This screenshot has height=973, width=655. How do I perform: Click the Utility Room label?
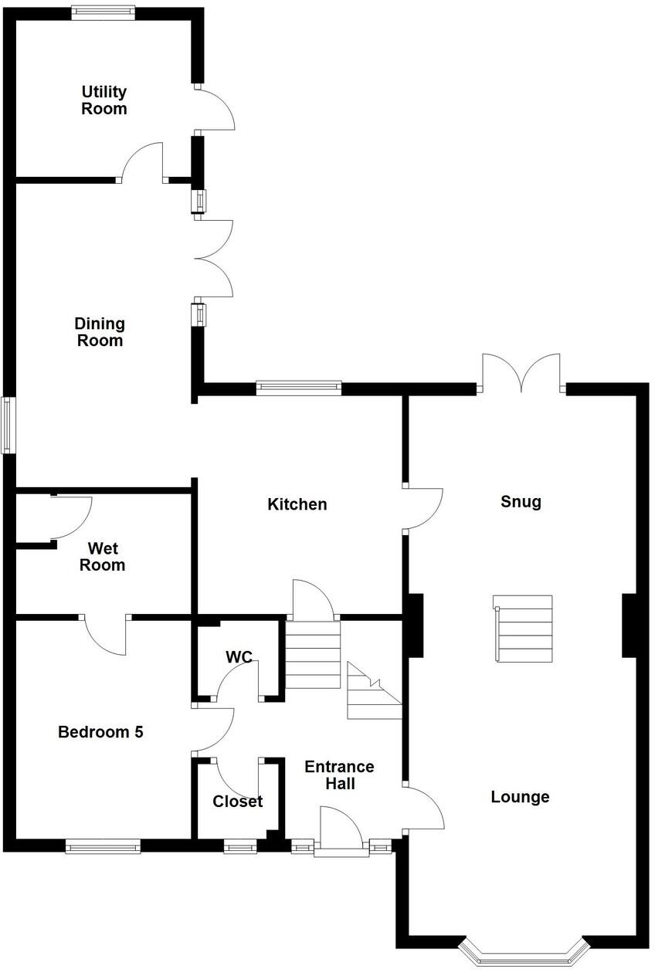pyautogui.click(x=104, y=100)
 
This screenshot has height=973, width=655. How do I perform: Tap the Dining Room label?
pyautogui.click(x=100, y=332)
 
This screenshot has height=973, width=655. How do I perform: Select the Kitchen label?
pyautogui.click(x=297, y=504)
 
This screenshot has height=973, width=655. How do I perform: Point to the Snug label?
pyautogui.click(x=521, y=502)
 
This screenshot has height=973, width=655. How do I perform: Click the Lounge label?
pyautogui.click(x=520, y=797)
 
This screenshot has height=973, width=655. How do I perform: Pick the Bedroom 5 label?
pyautogui.click(x=100, y=732)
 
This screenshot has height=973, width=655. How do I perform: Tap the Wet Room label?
pyautogui.click(x=103, y=557)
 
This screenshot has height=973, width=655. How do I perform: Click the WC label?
pyautogui.click(x=239, y=657)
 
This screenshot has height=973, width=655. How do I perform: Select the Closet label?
pyautogui.click(x=238, y=802)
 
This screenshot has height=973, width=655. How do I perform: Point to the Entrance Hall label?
pyautogui.click(x=339, y=775)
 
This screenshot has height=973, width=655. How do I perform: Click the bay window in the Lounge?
pyautogui.click(x=520, y=952)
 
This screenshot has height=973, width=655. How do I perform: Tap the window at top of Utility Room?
pyautogui.click(x=104, y=12)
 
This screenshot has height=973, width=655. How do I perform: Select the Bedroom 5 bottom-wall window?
pyautogui.click(x=104, y=847)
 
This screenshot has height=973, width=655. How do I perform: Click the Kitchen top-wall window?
pyautogui.click(x=299, y=388)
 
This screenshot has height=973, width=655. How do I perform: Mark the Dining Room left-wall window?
pyautogui.click(x=8, y=425)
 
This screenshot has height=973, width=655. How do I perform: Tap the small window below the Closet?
pyautogui.click(x=240, y=847)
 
